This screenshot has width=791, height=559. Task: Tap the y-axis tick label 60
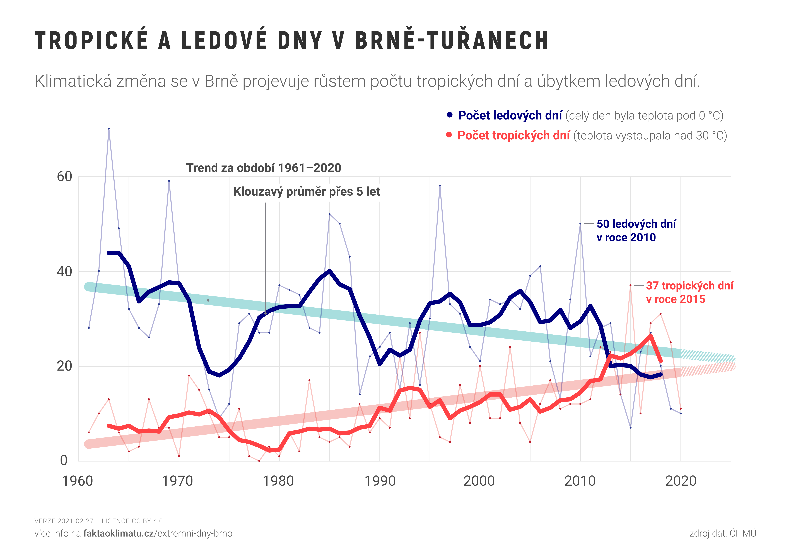(64, 177)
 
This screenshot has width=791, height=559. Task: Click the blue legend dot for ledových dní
(450, 115)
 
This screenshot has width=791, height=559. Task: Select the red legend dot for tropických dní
(449, 135)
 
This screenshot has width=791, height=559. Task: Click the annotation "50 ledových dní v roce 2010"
(636, 230)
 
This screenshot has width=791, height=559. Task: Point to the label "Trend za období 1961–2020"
(264, 168)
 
